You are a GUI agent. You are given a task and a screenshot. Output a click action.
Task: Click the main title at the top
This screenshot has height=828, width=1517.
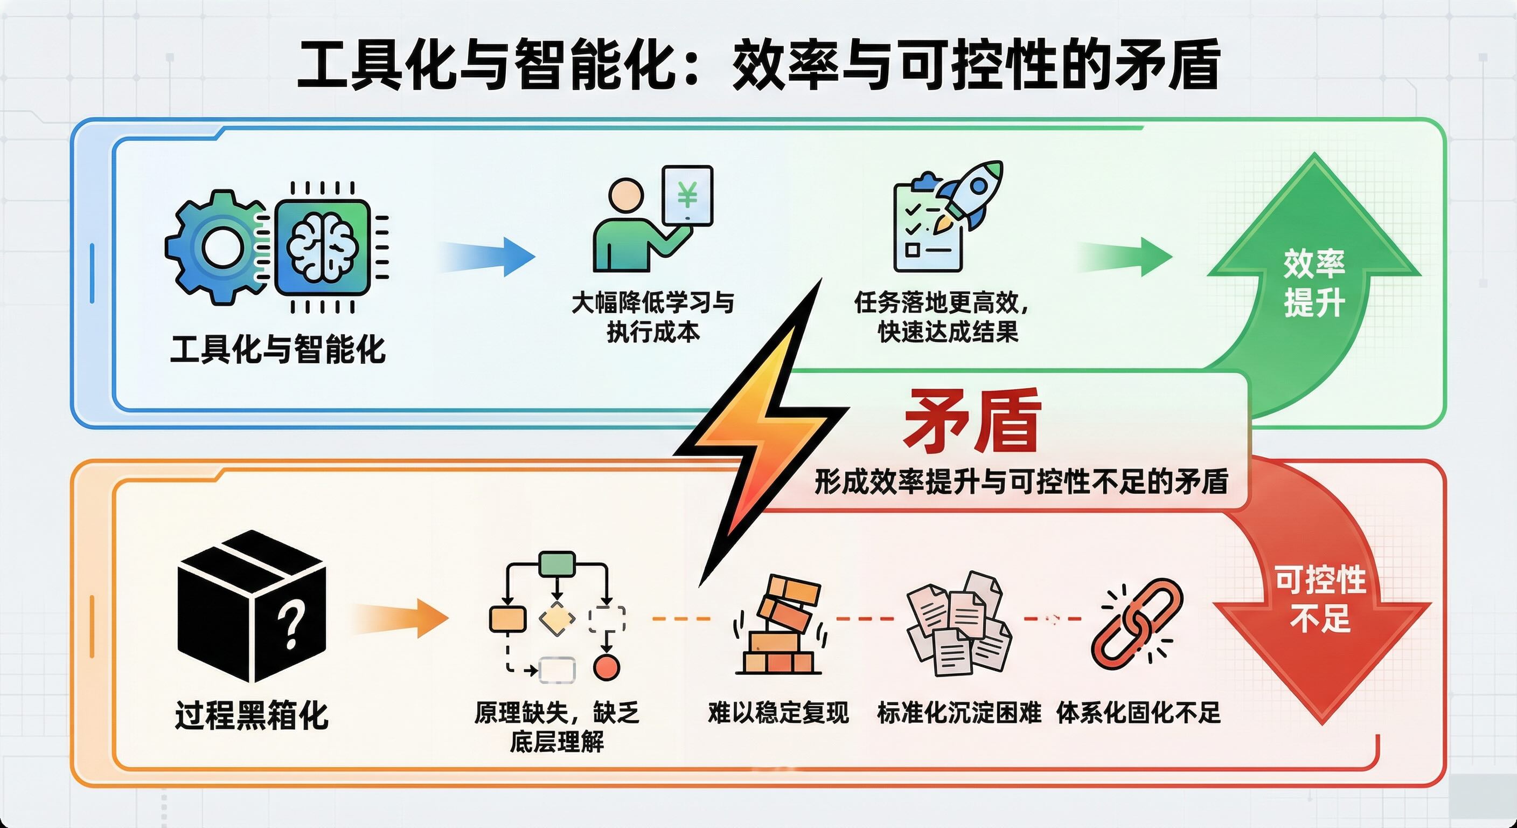click(x=758, y=65)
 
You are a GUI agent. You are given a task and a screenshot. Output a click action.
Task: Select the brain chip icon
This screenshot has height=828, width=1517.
click(x=323, y=247)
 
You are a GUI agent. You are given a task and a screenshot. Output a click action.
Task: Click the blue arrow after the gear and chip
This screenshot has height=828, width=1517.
click(x=489, y=257)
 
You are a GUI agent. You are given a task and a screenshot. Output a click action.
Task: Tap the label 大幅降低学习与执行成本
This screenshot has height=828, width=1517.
click(x=653, y=317)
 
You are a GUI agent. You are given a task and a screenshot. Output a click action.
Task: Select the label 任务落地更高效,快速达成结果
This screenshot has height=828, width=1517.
click(x=943, y=317)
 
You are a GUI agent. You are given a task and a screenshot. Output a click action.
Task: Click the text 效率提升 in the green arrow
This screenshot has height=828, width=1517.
click(x=1314, y=283)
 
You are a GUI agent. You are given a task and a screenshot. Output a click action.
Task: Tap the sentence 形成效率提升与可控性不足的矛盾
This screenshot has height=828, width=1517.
click(x=1022, y=482)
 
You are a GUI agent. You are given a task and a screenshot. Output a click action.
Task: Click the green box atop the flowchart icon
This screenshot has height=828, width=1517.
click(x=557, y=564)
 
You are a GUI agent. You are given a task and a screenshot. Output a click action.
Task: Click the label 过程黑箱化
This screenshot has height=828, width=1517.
click(x=252, y=715)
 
